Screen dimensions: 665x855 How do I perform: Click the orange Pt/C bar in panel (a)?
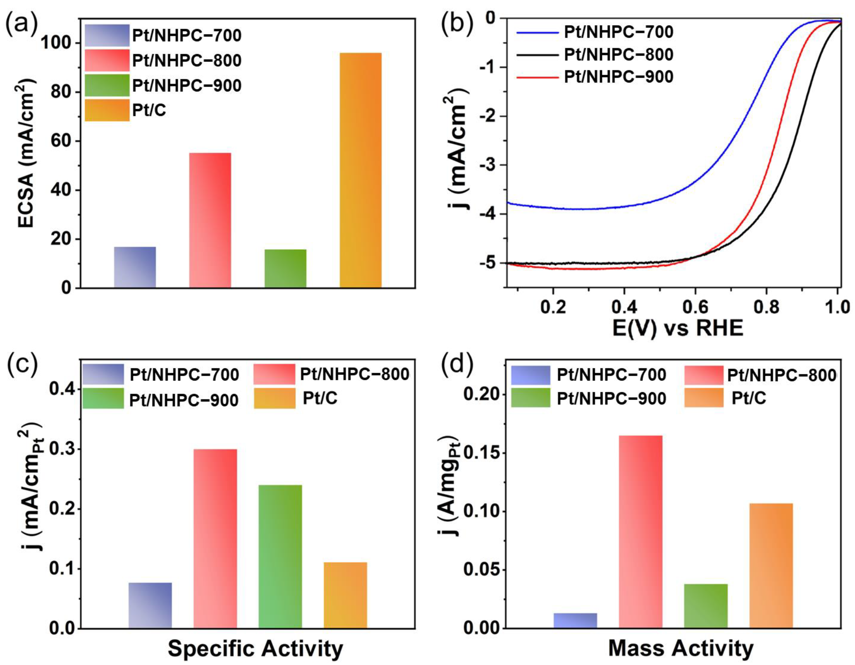pyautogui.click(x=360, y=170)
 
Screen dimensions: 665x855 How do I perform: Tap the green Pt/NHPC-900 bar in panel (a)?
pyautogui.click(x=285, y=268)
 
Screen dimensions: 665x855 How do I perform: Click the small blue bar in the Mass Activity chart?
pyautogui.click(x=575, y=620)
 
